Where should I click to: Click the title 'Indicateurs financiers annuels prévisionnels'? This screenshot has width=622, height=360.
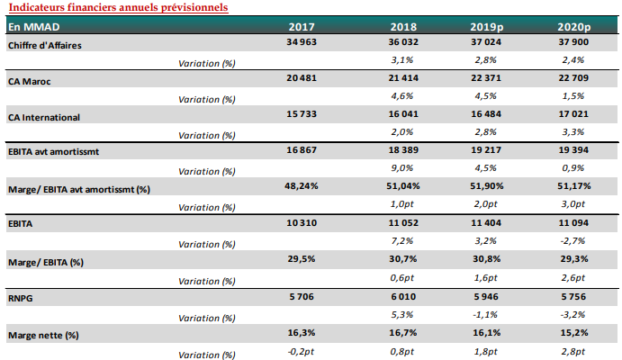click(x=117, y=7)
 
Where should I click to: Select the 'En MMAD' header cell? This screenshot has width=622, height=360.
click(x=34, y=27)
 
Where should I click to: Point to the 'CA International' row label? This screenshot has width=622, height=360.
click(x=44, y=117)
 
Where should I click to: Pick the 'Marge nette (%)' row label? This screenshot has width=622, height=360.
click(x=43, y=335)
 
